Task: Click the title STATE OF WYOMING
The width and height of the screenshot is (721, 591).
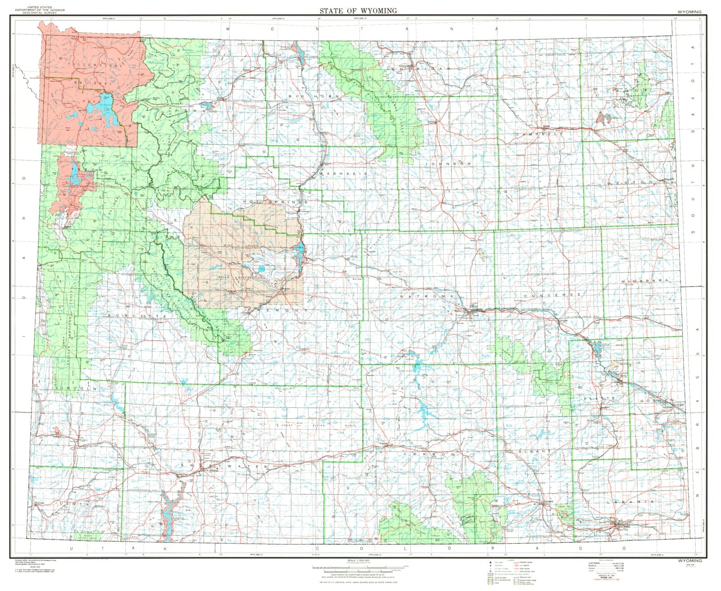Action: tap(358, 10)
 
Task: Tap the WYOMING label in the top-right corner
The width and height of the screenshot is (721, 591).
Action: tap(689, 12)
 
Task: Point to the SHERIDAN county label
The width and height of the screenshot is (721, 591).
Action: tap(421, 68)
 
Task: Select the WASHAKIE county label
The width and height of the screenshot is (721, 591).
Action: tap(343, 173)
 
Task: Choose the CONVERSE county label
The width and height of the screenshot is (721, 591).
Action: tap(552, 295)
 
